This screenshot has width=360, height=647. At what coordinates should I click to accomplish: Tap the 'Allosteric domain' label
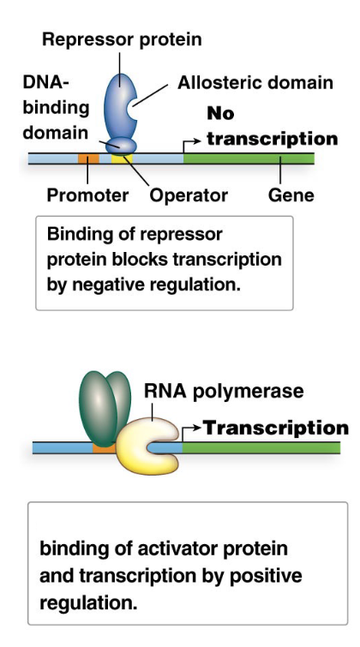pyautogui.click(x=255, y=83)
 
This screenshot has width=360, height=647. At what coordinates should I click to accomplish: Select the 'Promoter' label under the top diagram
pyautogui.click(x=87, y=195)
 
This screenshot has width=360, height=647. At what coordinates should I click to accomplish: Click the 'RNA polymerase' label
pyautogui.click(x=223, y=391)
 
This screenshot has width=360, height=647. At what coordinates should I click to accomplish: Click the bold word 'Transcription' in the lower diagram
pyautogui.click(x=275, y=428)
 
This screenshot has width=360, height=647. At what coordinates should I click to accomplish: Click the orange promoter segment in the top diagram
pyautogui.click(x=88, y=159)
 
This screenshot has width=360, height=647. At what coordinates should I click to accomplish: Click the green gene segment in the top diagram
pyautogui.click(x=249, y=159)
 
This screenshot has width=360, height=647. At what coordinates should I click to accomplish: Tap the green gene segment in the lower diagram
pyautogui.click(x=257, y=447)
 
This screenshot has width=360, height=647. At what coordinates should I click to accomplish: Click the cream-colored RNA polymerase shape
pyautogui.click(x=146, y=444)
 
